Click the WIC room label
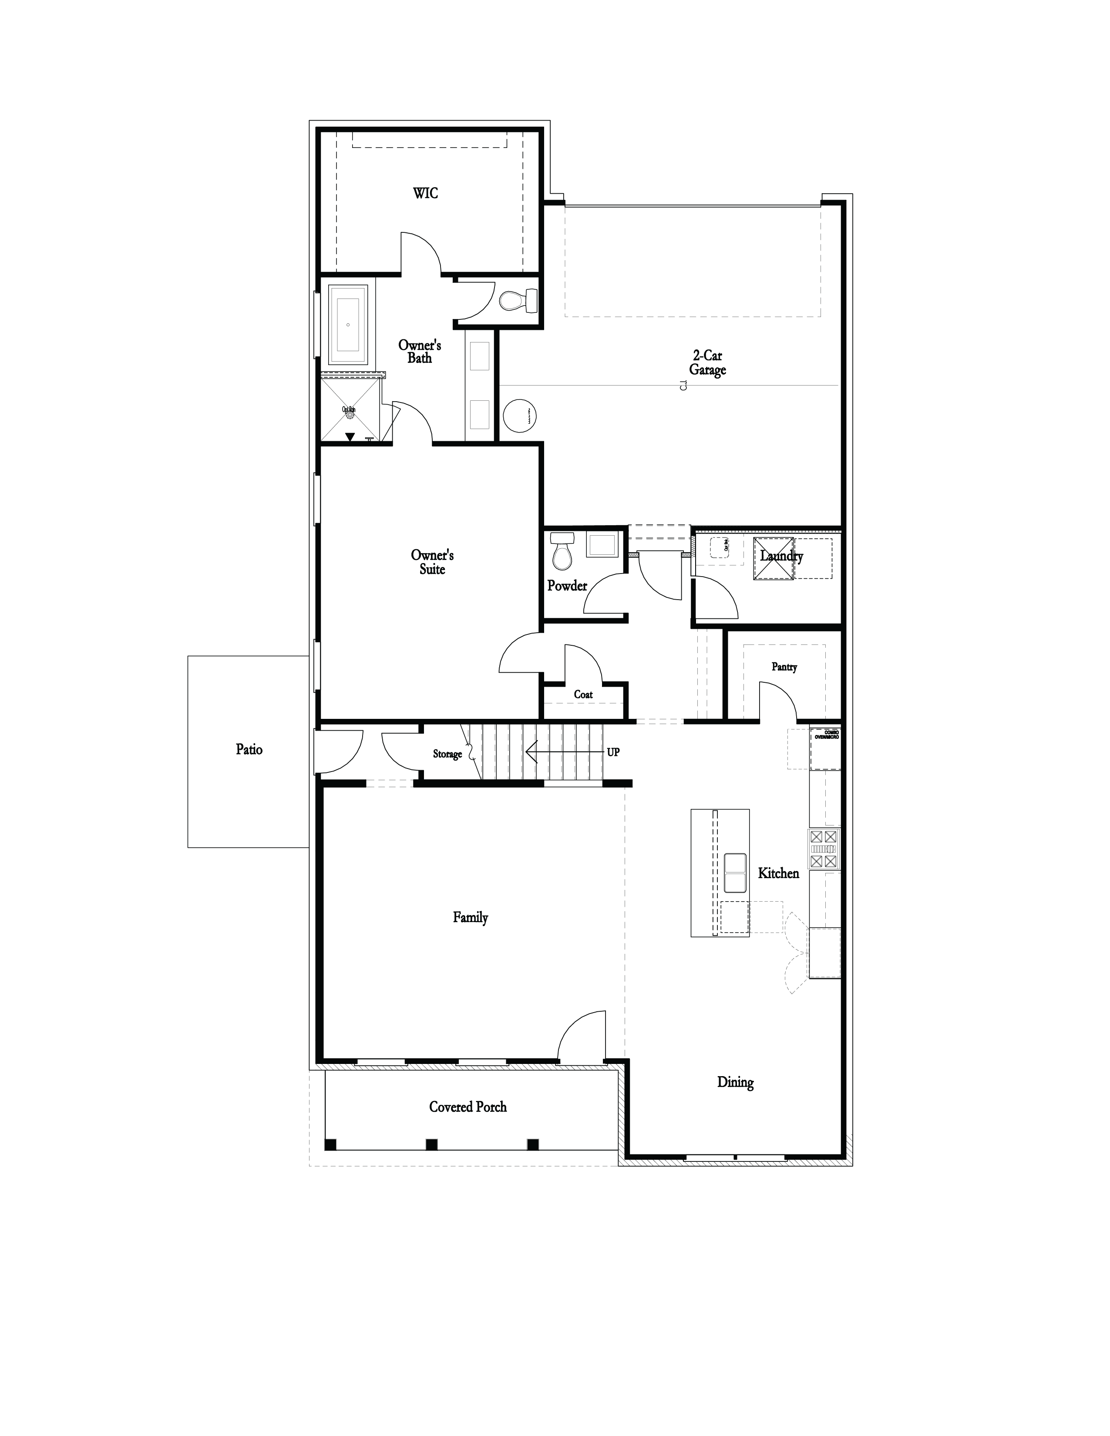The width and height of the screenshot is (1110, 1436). click(425, 193)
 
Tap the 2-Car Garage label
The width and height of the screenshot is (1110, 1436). click(707, 363)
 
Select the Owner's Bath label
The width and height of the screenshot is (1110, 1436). click(420, 351)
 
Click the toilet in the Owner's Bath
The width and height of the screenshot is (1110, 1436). click(518, 301)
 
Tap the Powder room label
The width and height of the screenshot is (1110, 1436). click(567, 585)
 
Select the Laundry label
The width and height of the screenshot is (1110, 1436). click(781, 556)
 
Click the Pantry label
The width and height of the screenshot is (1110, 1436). click(784, 667)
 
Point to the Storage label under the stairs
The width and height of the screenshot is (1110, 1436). click(447, 754)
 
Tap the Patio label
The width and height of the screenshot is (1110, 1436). click(249, 750)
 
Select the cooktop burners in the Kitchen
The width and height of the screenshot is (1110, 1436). click(824, 849)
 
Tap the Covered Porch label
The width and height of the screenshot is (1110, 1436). click(468, 1107)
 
